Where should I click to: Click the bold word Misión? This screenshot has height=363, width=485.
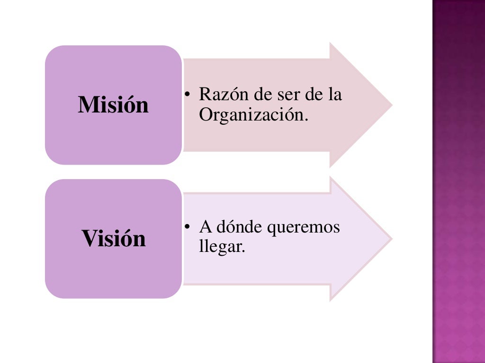[113, 104]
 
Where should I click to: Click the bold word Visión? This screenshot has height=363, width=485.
[114, 238]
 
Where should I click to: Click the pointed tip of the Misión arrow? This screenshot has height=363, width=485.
[391, 105]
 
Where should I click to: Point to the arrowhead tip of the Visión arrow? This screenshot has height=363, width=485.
[391, 238]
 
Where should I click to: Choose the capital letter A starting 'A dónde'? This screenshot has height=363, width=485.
[205, 227]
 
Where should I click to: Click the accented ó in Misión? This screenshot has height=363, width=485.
[126, 104]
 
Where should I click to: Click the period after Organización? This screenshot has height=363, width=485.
[305, 119]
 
